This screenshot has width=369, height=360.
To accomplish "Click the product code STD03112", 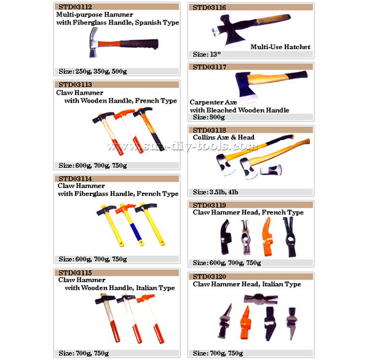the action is click(75, 7).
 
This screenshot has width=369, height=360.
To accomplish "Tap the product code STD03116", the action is click(209, 7).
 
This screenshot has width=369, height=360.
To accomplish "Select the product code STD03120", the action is click(209, 276).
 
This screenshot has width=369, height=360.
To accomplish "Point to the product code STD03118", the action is click(209, 130).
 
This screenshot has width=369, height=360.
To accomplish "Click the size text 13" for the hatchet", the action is click(215, 54).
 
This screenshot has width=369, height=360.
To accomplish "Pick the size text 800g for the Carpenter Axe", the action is click(217, 117).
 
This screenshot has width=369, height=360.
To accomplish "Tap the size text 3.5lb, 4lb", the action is click(224, 192).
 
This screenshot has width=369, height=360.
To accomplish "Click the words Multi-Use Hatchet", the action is click(280, 47).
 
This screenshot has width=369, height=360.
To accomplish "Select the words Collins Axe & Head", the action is click(224, 137).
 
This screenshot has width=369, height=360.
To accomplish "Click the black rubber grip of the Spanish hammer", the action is click(139, 44).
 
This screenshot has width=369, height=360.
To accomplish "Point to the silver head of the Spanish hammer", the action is click(94, 42).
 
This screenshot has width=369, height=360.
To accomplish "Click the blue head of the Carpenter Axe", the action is click(246, 87).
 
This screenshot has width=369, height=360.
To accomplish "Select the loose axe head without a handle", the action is click(271, 170).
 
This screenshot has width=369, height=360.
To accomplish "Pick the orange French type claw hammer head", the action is click(268, 237).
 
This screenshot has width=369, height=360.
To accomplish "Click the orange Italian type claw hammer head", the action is click(245, 322).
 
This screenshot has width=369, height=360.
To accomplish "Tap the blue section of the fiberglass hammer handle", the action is click(136, 232).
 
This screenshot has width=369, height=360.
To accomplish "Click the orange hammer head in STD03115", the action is click(145, 298).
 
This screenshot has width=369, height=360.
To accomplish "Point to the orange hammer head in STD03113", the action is click(124, 114).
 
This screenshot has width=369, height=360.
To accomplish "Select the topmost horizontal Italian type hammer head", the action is click(261, 299).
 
